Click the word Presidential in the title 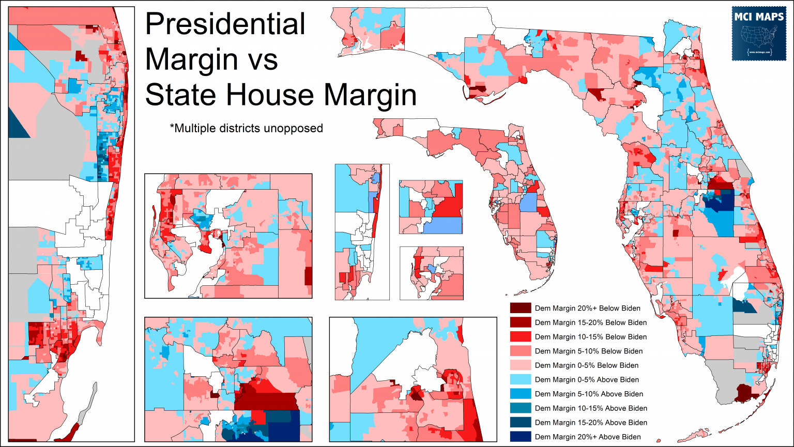click(x=225, y=25)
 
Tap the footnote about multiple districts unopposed click(x=246, y=128)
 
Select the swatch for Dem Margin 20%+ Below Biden click(x=520, y=309)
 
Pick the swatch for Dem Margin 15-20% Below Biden click(x=520, y=322)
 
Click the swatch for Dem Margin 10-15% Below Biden click(x=520, y=337)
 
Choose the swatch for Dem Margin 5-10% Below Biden click(x=520, y=351)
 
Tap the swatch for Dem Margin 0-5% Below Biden click(x=520, y=365)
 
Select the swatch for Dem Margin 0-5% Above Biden click(x=520, y=380)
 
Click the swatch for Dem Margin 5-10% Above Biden click(x=520, y=394)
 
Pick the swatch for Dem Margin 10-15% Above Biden click(x=520, y=408)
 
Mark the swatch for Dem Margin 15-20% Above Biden click(x=520, y=423)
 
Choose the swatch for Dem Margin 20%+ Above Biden click(x=520, y=437)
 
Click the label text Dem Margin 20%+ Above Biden click(x=588, y=437)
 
